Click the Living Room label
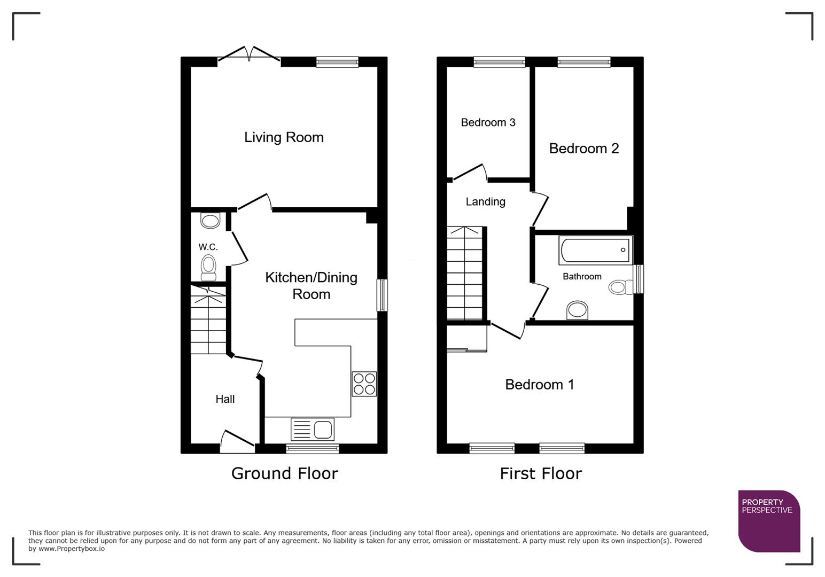pos(284,137)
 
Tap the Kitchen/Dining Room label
pos(311,285)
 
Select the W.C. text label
pos(208,247)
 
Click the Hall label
pos(225,399)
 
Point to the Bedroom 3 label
pos(488,122)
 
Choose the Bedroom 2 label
pos(583,148)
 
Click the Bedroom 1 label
pos(539,384)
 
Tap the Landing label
pos(485,201)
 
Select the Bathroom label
pos(582,276)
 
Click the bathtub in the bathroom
pos(594,250)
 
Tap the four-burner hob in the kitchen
pos(364,384)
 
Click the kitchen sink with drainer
pos(313,429)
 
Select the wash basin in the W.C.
pos(210,220)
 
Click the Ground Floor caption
pos(284,473)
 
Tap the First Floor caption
pos(540,473)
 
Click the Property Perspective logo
pos(768,520)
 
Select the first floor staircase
pos(465,274)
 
